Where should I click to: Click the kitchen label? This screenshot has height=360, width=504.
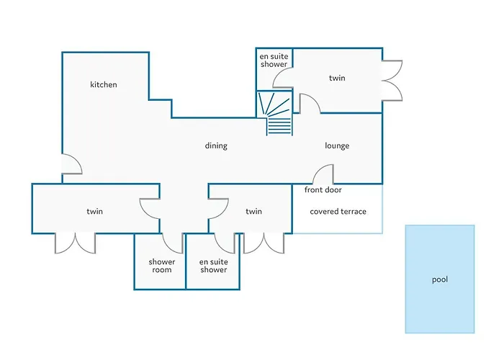(103, 85)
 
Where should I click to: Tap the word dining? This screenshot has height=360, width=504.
(216, 146)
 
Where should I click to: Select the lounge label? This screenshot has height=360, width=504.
(337, 146)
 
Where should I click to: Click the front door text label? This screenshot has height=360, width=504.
(323, 190)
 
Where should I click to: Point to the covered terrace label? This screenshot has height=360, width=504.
(338, 212)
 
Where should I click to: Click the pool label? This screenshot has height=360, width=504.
(439, 279)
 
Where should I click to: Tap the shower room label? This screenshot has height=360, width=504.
(161, 266)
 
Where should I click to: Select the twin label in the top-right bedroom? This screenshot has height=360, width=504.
(338, 78)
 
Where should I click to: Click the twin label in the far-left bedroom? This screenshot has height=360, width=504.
(94, 212)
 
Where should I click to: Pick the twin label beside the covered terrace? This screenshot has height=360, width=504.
(253, 212)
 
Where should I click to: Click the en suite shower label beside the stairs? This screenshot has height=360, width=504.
(274, 60)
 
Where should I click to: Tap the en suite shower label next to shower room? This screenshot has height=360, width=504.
(213, 266)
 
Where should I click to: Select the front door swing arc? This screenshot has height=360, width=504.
(323, 174)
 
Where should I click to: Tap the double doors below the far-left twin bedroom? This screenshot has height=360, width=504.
(75, 243)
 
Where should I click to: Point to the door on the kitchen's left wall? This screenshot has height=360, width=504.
(71, 165)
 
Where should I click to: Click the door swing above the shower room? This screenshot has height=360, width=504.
(173, 243)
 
